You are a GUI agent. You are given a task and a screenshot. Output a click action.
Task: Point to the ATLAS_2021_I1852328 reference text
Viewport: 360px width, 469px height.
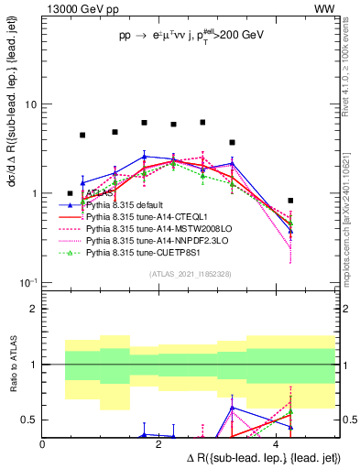coord(190,274)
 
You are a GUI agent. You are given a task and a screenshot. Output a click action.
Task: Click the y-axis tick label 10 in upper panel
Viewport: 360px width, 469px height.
coord(30,104)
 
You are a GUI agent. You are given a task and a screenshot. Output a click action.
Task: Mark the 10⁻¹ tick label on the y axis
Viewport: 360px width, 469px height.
coord(27,283)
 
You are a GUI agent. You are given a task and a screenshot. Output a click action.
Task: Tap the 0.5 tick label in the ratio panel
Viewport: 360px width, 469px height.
coord(28,420)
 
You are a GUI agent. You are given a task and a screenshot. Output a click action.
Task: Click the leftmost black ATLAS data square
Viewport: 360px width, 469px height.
coord(71,193)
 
